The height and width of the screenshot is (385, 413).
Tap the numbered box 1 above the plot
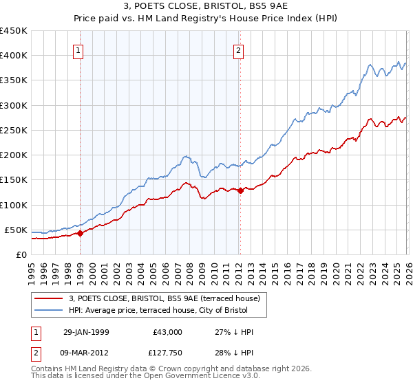coord(78,50)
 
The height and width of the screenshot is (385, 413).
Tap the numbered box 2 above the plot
coord(238,50)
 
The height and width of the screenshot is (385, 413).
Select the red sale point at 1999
coord(80,233)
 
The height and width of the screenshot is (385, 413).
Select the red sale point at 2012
coord(240,191)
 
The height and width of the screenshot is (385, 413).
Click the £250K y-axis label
coord(13,130)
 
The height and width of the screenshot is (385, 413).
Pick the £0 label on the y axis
coord(21,254)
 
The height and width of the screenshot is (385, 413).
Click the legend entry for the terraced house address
coord(164,298)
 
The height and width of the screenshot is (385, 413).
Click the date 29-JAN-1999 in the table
coord(86,332)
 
